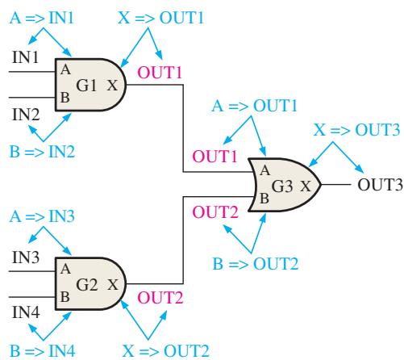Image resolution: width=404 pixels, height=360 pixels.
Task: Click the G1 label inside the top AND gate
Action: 86,86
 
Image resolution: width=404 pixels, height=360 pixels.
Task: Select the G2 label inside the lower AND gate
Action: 86,284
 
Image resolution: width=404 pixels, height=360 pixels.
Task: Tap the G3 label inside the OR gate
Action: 282,186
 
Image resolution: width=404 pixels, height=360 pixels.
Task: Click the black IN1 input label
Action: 25,57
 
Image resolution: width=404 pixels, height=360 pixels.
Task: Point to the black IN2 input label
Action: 26,115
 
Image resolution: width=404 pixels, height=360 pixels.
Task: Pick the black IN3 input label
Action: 26,257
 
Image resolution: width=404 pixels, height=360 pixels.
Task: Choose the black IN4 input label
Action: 26,312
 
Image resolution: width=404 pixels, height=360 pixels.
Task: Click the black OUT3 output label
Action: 380,185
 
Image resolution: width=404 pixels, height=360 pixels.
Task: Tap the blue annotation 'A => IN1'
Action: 42,18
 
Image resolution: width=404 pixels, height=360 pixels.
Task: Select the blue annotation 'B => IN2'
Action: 42,152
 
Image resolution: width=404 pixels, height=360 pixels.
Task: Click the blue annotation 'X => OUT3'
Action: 356,130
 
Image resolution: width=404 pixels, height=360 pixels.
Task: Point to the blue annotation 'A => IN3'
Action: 42,216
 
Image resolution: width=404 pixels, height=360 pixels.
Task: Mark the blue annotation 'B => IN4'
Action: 43,350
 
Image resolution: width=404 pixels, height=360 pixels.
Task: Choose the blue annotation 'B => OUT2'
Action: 256,263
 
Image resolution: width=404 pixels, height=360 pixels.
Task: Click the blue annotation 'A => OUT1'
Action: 254,105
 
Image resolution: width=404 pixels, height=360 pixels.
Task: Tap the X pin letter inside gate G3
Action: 306,186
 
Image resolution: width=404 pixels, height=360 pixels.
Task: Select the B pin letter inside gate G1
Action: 65,97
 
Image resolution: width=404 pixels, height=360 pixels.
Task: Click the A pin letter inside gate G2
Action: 65,269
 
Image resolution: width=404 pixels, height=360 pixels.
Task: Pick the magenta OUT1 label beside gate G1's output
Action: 160,73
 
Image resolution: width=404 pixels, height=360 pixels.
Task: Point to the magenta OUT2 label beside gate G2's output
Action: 160,298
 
